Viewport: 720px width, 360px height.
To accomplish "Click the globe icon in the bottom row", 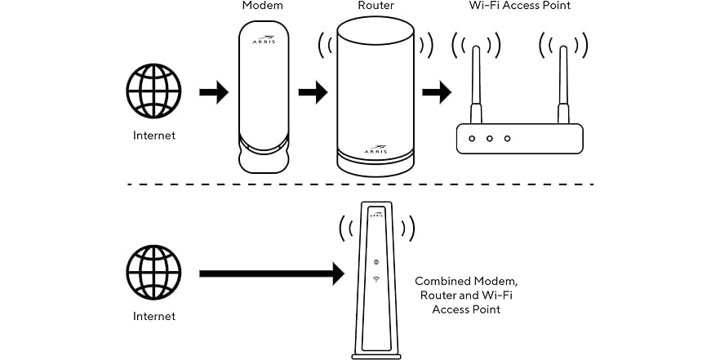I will [x=153, y=273].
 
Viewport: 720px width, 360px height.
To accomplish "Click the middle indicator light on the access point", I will [x=489, y=138].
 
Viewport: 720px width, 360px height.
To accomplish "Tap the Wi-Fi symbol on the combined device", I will [x=376, y=278].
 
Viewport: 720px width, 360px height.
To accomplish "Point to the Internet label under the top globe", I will [x=153, y=136].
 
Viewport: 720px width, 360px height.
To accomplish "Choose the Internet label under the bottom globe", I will [x=153, y=316].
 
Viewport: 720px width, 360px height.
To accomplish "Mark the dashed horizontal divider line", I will [x=359, y=184].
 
